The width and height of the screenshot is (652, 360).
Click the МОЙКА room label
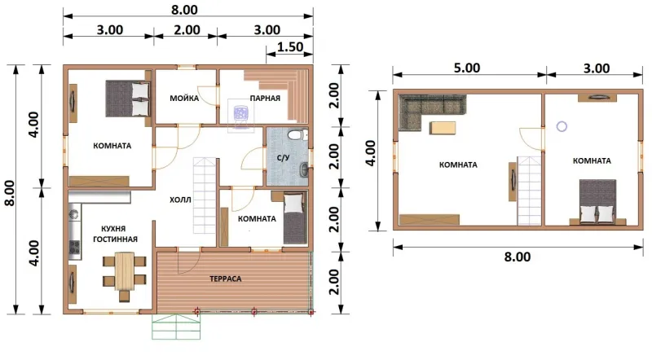(184, 99)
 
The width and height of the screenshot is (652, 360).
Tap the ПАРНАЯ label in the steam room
(265, 99)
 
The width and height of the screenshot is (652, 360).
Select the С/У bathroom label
(283, 158)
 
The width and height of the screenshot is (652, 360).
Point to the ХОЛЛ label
(180, 200)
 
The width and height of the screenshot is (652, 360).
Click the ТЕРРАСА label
(226, 279)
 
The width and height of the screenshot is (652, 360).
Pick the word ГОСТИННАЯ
(115, 239)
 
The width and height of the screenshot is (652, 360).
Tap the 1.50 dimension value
(290, 46)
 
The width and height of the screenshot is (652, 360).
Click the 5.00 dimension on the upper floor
(466, 68)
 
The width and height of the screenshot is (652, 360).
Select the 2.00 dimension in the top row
(187, 30)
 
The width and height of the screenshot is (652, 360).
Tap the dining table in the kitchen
(125, 271)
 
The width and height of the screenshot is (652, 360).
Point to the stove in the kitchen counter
(74, 248)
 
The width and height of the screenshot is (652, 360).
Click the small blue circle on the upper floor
(562, 126)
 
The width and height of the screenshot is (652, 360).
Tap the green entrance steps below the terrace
(176, 327)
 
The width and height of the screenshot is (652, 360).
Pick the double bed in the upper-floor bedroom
(598, 201)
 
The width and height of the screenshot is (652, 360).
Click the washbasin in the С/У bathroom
(305, 169)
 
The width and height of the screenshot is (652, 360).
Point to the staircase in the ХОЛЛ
(205, 195)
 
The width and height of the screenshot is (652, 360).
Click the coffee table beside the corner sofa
(443, 128)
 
